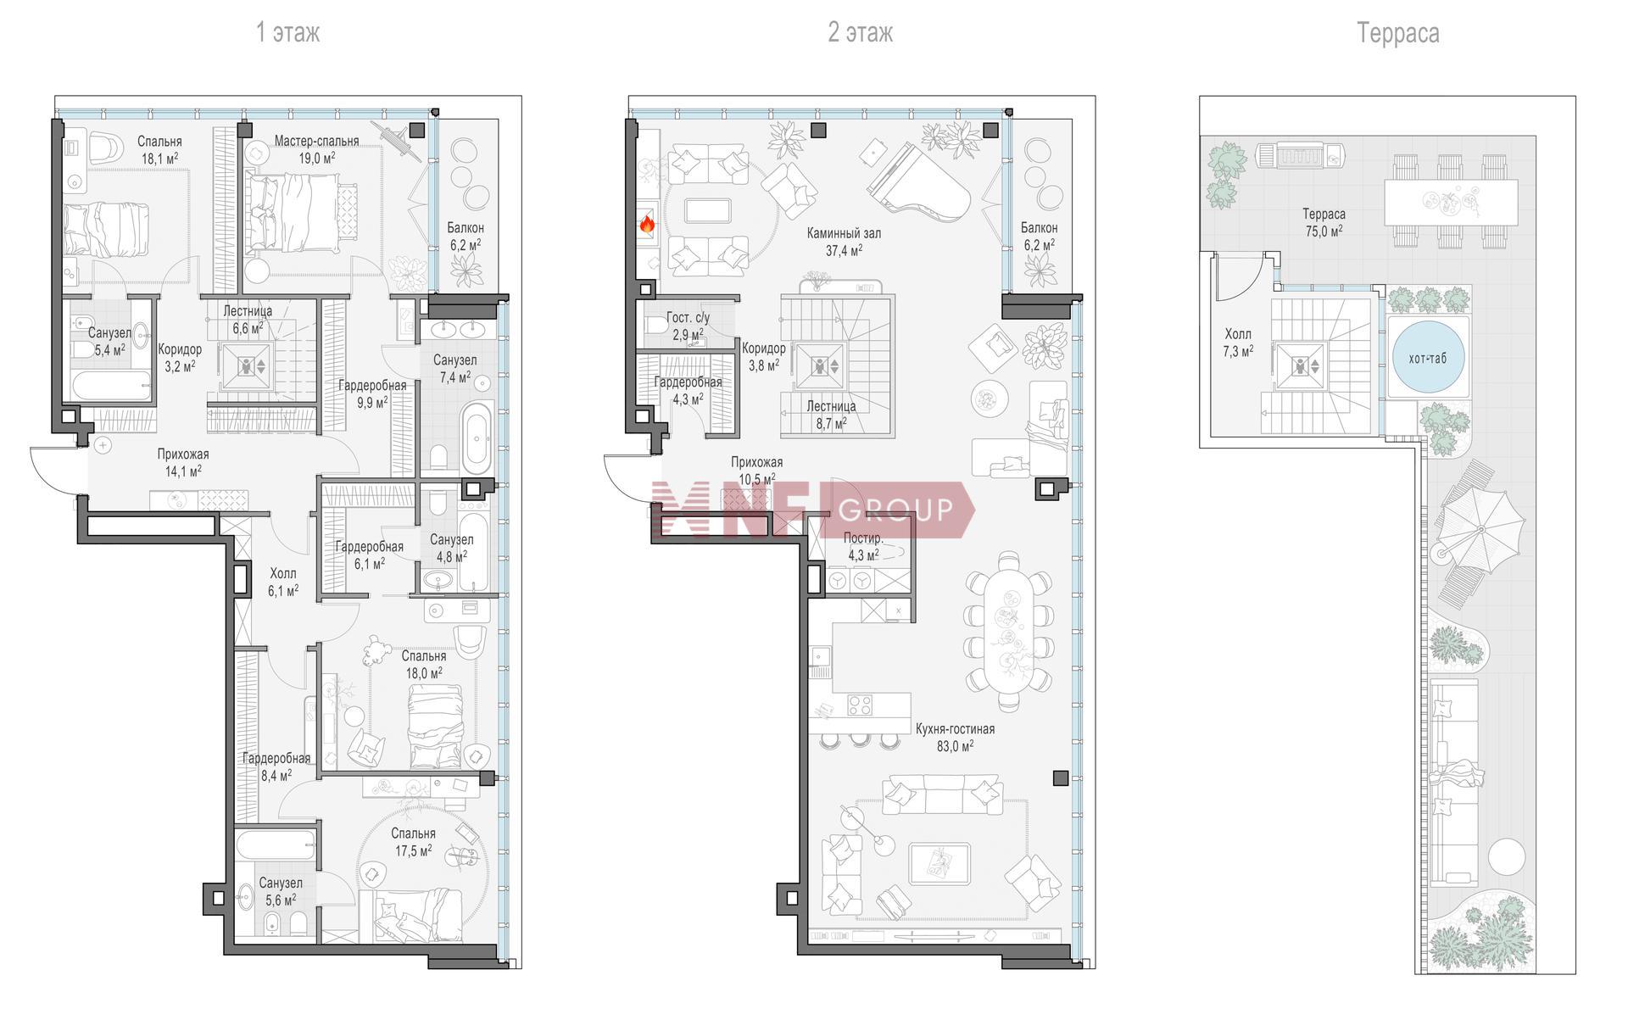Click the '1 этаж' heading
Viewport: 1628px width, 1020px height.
pyautogui.click(x=288, y=33)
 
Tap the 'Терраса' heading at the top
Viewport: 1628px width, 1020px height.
pyautogui.click(x=1397, y=33)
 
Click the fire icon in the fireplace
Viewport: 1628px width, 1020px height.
pyautogui.click(x=647, y=224)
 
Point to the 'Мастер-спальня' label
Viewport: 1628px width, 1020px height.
pyautogui.click(x=316, y=141)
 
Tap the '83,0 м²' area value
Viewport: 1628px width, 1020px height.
pyautogui.click(x=955, y=746)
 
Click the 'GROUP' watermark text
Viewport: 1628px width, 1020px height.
pyautogui.click(x=895, y=510)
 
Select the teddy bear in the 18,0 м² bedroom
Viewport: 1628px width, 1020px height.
pyautogui.click(x=376, y=650)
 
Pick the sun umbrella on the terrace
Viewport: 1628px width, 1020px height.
pyautogui.click(x=1480, y=529)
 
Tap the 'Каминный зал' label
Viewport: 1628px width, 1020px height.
pyautogui.click(x=844, y=232)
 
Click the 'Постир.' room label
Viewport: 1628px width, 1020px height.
pyautogui.click(x=863, y=538)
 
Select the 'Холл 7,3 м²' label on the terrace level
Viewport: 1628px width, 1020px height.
pyautogui.click(x=1238, y=343)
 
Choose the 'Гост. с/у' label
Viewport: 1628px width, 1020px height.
pyautogui.click(x=688, y=318)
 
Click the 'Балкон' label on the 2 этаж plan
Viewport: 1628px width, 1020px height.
pyautogui.click(x=1039, y=227)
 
